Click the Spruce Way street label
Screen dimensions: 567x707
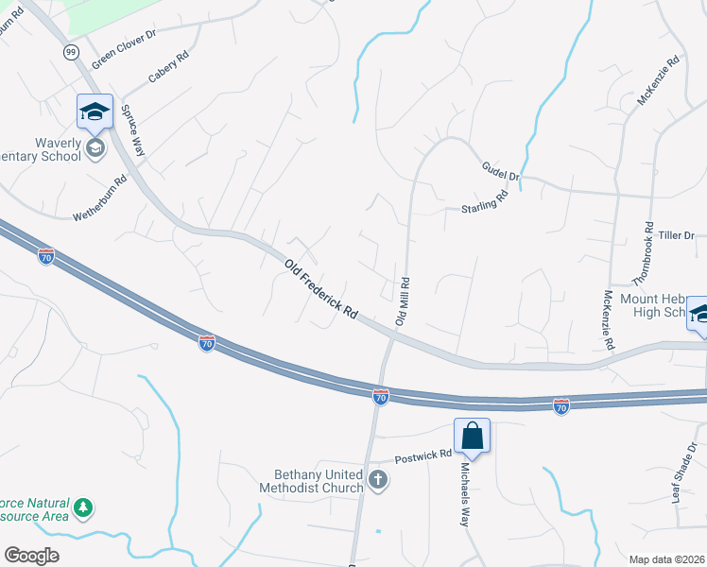point(131,129)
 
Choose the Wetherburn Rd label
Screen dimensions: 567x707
point(100,199)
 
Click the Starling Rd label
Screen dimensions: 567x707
point(485,201)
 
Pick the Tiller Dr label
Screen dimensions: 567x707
point(677,234)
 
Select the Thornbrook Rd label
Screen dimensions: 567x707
point(643,253)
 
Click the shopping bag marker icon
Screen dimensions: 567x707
point(473,436)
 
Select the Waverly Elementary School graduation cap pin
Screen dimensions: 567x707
point(95,112)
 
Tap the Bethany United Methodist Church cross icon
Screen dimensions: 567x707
point(377,480)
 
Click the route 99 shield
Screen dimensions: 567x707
point(71,52)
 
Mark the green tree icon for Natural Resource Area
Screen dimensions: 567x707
point(84,508)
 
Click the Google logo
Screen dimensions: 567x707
point(32,556)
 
